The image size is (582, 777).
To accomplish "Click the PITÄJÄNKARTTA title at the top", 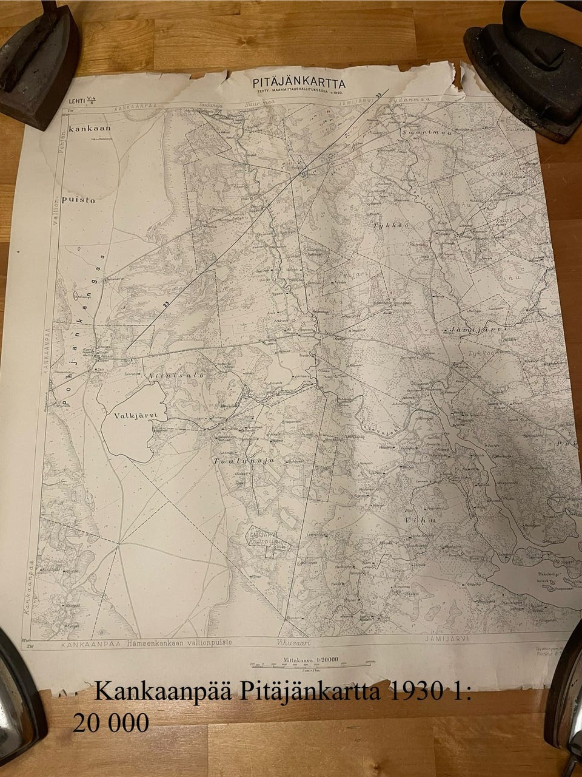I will [x=299, y=83].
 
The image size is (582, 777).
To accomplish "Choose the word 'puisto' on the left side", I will [x=81, y=200].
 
